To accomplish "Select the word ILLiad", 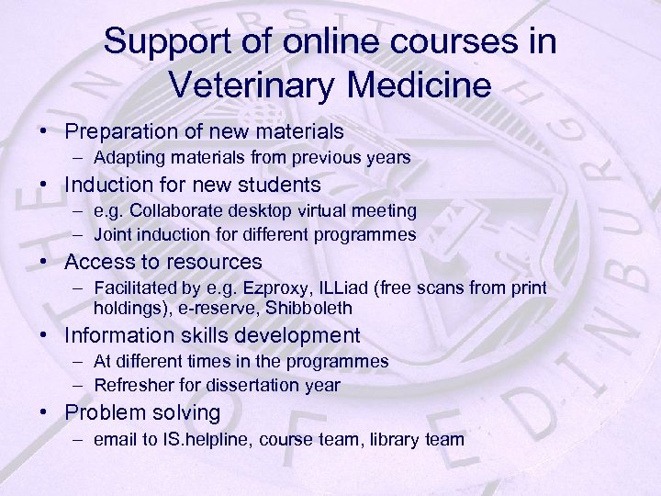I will click(344, 288).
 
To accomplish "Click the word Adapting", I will click(128, 159).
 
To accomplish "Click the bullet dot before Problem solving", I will click(44, 413).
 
